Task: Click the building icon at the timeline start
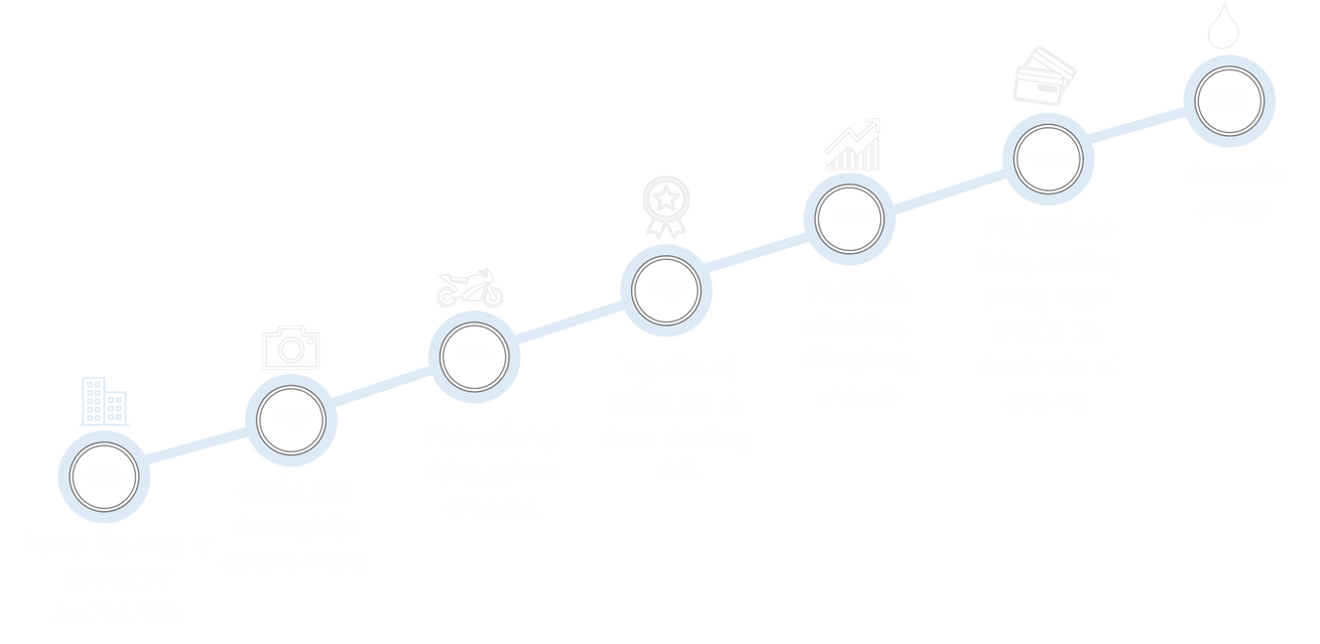pyautogui.click(x=104, y=402)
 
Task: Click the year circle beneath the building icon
pyautogui.click(x=103, y=477)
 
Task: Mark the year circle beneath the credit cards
pyautogui.click(x=1047, y=158)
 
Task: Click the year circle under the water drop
pyautogui.click(x=1229, y=99)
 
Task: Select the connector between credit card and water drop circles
pyautogui.click(x=1138, y=129)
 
